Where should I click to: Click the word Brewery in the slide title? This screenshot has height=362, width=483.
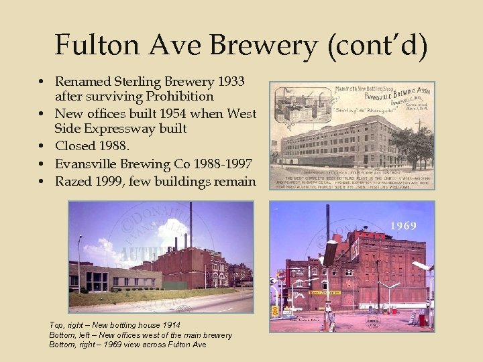(x=258, y=45)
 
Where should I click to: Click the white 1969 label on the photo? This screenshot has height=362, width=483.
(x=405, y=226)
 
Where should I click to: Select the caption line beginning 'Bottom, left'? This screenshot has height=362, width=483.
(x=140, y=335)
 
